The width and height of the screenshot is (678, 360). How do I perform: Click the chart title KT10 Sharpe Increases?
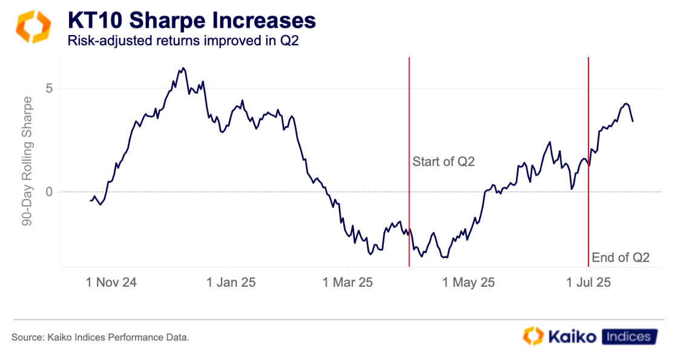pyautogui.click(x=192, y=21)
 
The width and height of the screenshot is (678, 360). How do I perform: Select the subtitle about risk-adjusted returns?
pyautogui.click(x=183, y=41)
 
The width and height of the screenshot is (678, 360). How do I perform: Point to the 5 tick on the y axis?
pyautogui.click(x=50, y=88)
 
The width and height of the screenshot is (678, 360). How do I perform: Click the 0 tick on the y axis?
pyautogui.click(x=50, y=192)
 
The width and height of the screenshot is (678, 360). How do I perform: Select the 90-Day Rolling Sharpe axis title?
pyautogui.click(x=27, y=161)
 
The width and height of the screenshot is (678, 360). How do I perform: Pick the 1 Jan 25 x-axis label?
pyautogui.click(x=232, y=283)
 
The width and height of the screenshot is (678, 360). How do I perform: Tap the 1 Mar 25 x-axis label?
pyautogui.click(x=348, y=283)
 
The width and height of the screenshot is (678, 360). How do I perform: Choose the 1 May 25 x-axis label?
pyautogui.click(x=468, y=283)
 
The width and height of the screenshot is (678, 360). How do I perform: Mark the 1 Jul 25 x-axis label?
pyautogui.click(x=588, y=283)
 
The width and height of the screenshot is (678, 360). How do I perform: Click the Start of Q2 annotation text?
pyautogui.click(x=444, y=162)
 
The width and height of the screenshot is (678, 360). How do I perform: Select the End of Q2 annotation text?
pyautogui.click(x=620, y=258)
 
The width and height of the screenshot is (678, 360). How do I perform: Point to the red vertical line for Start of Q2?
pyautogui.click(x=409, y=121)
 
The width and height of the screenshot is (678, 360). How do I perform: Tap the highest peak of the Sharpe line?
pyautogui.click(x=183, y=68)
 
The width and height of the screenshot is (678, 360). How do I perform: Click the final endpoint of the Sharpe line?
pyautogui.click(x=633, y=122)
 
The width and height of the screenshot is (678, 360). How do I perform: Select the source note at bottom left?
pyautogui.click(x=100, y=337)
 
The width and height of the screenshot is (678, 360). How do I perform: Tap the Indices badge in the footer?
pyautogui.click(x=630, y=336)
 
